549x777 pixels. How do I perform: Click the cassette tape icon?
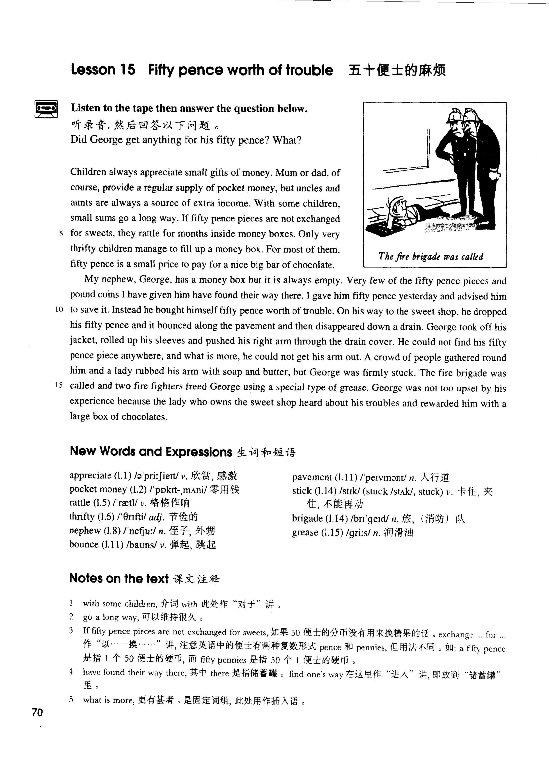pyautogui.click(x=46, y=109)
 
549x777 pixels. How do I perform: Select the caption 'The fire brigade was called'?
pyautogui.click(x=431, y=256)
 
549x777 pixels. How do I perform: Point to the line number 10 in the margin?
pyautogui.click(x=59, y=309)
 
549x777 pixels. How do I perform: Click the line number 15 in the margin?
pyautogui.click(x=59, y=385)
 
